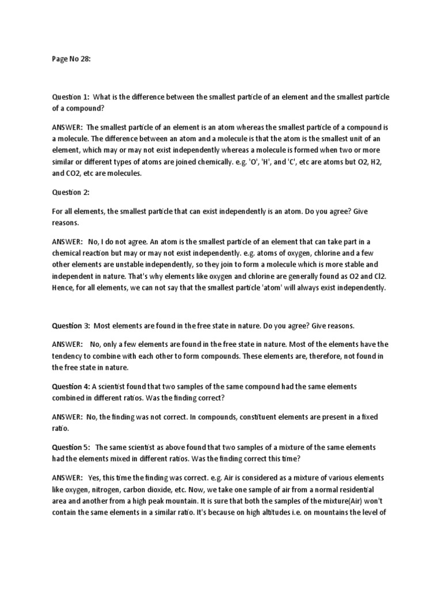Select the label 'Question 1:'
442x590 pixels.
[69, 97]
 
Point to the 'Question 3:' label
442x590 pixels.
[70, 326]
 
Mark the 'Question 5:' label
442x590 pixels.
[70, 447]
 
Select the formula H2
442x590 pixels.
[375, 162]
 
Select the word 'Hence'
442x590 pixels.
[63, 288]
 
